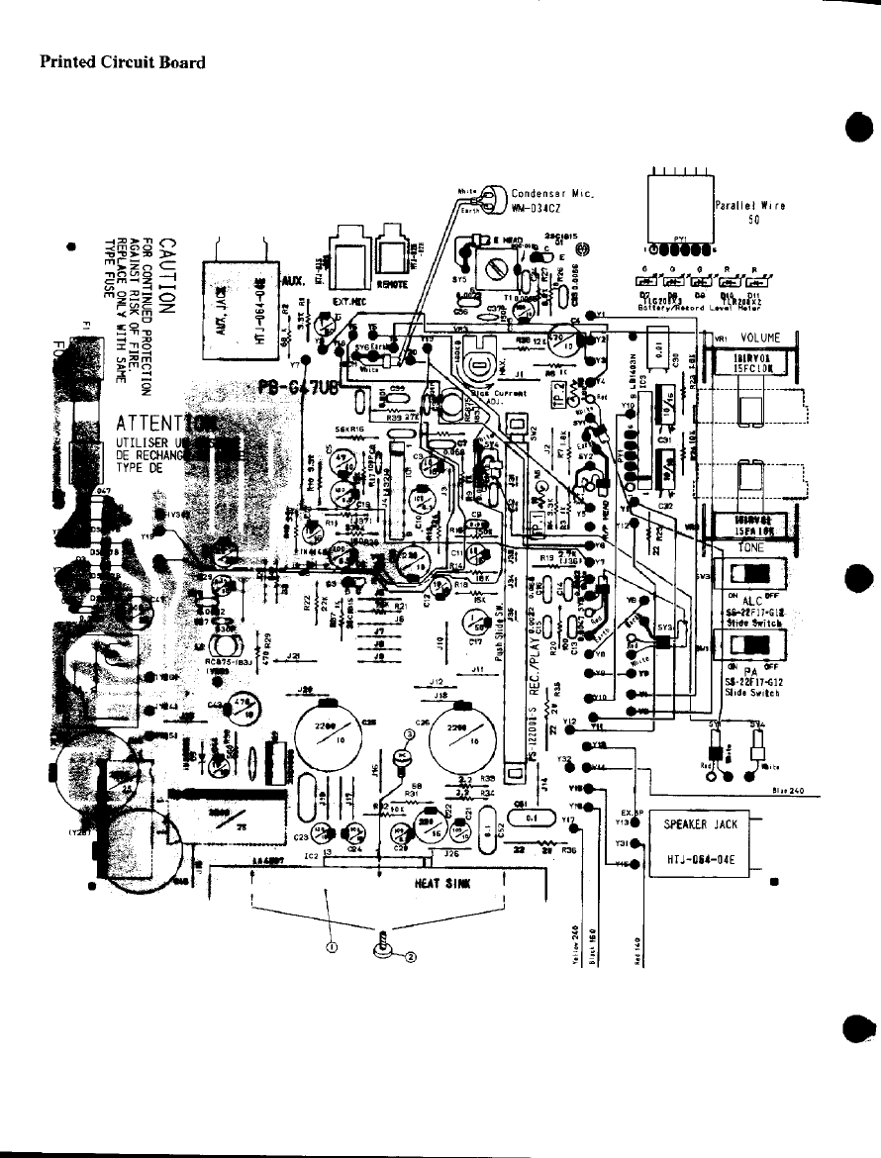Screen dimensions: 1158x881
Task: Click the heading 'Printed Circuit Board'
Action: point(122,62)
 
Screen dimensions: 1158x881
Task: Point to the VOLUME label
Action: point(762,338)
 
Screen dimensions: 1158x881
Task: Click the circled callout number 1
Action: point(332,945)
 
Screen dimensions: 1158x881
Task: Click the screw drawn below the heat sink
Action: point(382,949)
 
